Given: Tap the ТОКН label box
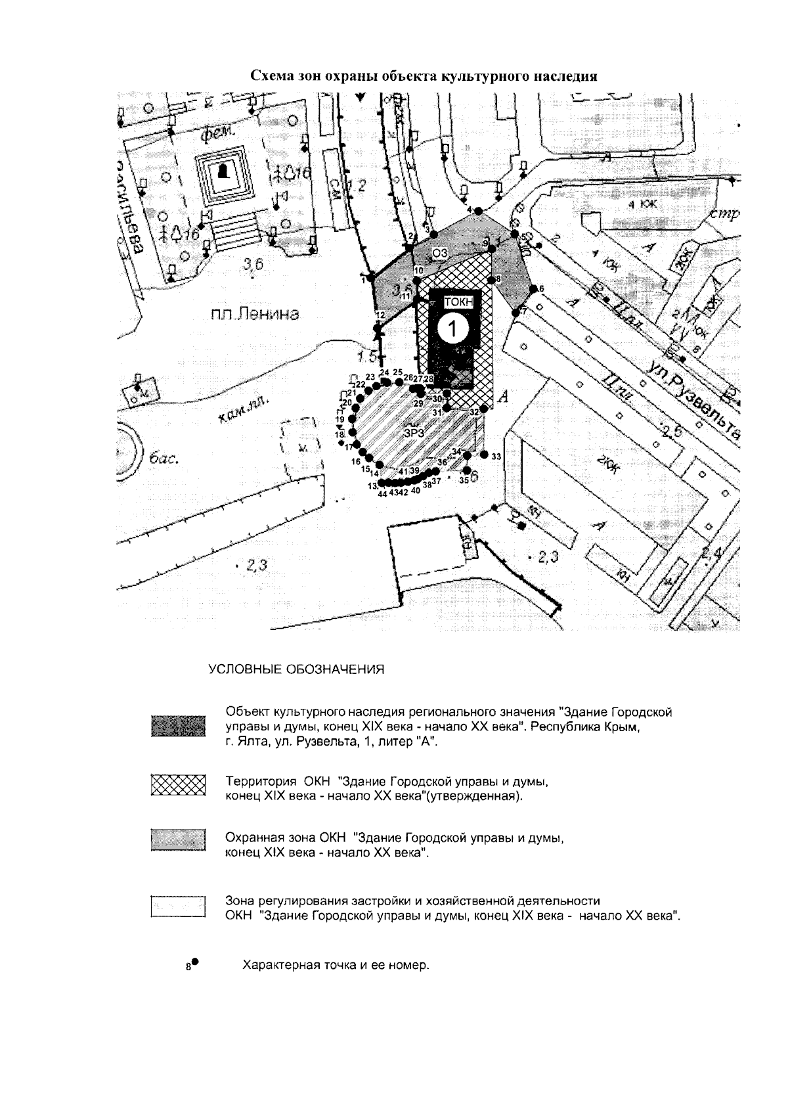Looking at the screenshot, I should [458, 302].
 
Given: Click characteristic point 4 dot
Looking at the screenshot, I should [479, 211].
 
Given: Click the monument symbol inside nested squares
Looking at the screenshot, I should [223, 173].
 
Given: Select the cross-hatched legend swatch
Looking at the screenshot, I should [178, 785].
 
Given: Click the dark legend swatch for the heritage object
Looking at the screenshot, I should [178, 727].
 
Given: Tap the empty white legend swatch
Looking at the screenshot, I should [178, 907].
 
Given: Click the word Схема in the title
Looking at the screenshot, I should [274, 76].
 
